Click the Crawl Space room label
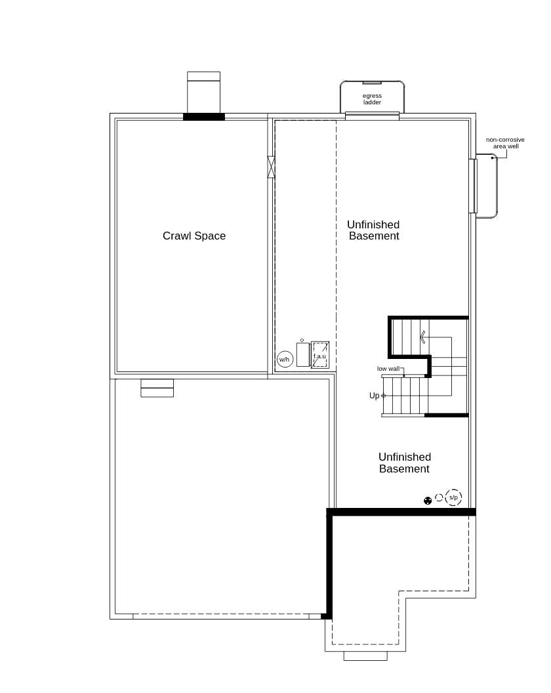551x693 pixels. click(194, 236)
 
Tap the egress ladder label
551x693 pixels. click(372, 99)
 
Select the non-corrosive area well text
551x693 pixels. click(505, 143)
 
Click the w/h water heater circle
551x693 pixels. click(285, 359)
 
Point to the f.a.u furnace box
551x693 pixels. click(319, 355)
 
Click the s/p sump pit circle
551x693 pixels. click(453, 497)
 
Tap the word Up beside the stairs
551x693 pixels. click(374, 396)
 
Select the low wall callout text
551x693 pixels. click(388, 369)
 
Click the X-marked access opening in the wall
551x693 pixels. click(272, 167)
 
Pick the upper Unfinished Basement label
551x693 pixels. click(373, 230)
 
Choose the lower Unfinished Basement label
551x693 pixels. click(404, 463)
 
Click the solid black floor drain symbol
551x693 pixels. click(428, 501)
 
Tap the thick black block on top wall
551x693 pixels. click(204, 117)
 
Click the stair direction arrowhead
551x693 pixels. click(423, 337)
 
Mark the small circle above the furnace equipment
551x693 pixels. click(302, 340)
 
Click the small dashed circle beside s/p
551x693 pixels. click(439, 497)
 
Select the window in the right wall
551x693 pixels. click(472, 186)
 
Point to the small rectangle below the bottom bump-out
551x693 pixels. click(365, 656)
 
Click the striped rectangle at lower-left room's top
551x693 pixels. click(157, 388)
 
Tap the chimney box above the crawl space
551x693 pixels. click(203, 93)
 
